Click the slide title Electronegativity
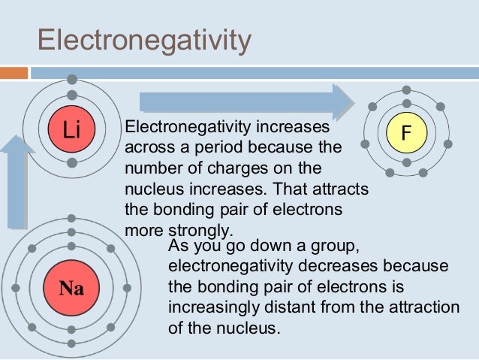click(143, 41)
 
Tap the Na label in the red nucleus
click(71, 287)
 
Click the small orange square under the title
click(15, 73)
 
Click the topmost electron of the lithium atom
click(71, 79)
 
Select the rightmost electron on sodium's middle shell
click(127, 287)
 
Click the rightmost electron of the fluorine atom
click(448, 143)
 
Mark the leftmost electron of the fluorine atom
click(365, 143)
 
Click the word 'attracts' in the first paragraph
click(345, 187)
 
